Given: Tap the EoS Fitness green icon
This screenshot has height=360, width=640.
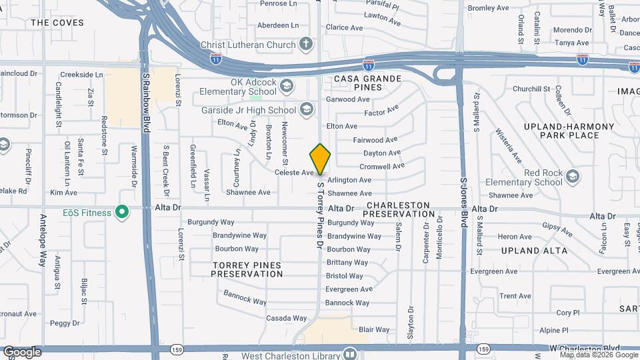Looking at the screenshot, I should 121,212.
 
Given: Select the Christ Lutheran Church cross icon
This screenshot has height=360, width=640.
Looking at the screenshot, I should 306,45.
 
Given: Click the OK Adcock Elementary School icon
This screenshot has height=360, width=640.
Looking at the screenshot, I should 286,85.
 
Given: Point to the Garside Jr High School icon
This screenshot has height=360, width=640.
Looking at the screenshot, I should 306,109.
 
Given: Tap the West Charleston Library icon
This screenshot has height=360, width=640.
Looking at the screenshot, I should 350,353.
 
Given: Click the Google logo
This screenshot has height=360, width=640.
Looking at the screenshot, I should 22,351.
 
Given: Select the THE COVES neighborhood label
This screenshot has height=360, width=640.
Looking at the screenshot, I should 57,23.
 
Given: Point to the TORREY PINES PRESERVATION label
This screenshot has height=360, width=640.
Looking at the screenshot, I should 247,269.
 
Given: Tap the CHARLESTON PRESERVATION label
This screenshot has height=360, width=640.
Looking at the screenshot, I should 400,209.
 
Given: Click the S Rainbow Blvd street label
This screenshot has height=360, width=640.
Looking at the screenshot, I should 145,93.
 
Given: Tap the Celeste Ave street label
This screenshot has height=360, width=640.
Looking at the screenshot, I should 294,173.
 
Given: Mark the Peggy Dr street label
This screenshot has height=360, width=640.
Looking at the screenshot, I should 65,323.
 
